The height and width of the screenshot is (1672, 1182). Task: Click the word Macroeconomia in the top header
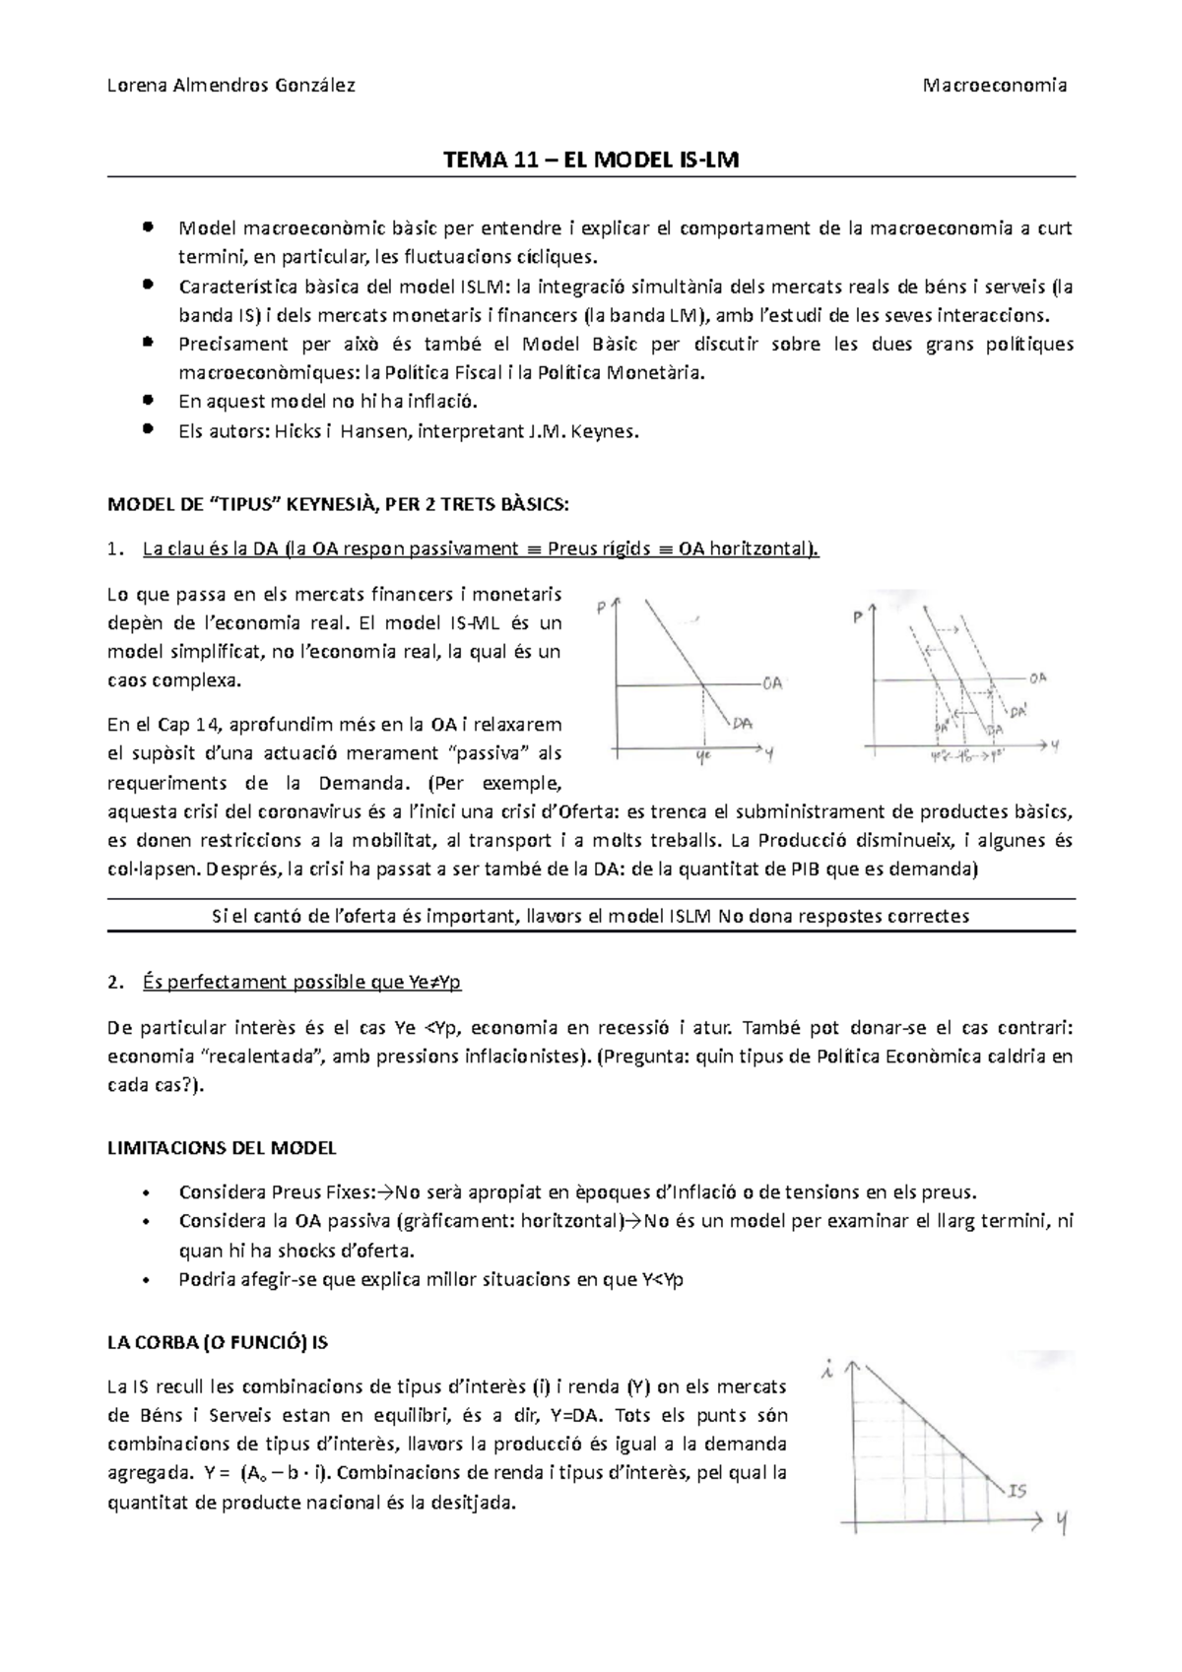click(995, 85)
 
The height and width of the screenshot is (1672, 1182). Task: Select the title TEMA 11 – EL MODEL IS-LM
click(590, 160)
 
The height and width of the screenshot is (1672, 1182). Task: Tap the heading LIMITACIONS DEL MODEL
click(222, 1147)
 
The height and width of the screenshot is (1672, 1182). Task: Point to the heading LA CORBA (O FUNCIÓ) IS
click(217, 1342)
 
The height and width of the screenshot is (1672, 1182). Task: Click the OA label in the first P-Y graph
click(772, 682)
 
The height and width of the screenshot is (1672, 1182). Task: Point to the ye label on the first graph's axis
click(703, 756)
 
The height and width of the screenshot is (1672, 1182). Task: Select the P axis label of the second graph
click(858, 617)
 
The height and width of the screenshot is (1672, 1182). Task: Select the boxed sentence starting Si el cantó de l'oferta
click(590, 916)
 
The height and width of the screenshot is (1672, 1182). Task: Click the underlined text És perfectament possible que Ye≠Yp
click(301, 982)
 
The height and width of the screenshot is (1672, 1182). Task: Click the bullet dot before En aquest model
click(148, 401)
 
